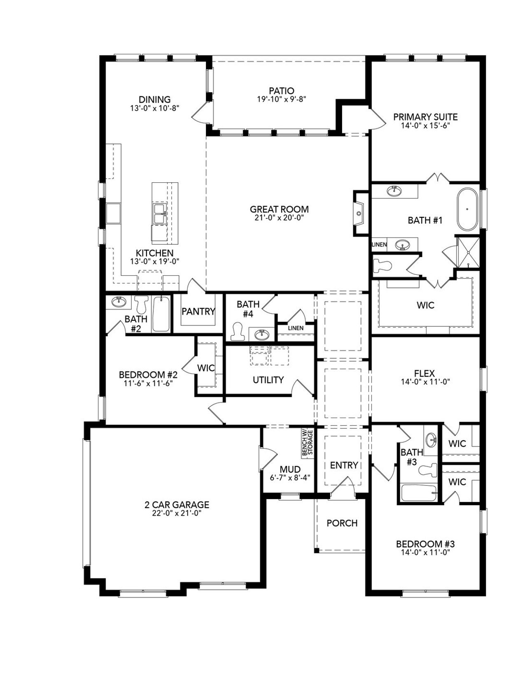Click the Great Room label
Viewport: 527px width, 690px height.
tap(279, 209)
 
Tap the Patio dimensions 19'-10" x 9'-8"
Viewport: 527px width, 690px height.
tap(281, 99)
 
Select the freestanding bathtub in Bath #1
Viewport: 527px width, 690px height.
tap(467, 209)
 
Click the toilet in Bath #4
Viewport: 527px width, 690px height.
tap(238, 332)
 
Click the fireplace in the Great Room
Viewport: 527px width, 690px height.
tap(359, 214)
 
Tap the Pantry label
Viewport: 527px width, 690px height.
tap(198, 311)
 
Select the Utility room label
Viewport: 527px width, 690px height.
tap(268, 380)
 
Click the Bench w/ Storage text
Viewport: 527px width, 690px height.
tap(308, 443)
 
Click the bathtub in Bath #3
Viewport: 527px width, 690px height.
tap(418, 493)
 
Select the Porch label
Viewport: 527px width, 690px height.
tap(342, 523)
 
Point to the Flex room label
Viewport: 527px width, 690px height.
tap(424, 373)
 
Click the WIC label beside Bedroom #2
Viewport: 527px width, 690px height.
tap(206, 368)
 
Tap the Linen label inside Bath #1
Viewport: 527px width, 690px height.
tap(379, 244)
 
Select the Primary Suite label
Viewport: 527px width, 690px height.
tap(425, 117)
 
